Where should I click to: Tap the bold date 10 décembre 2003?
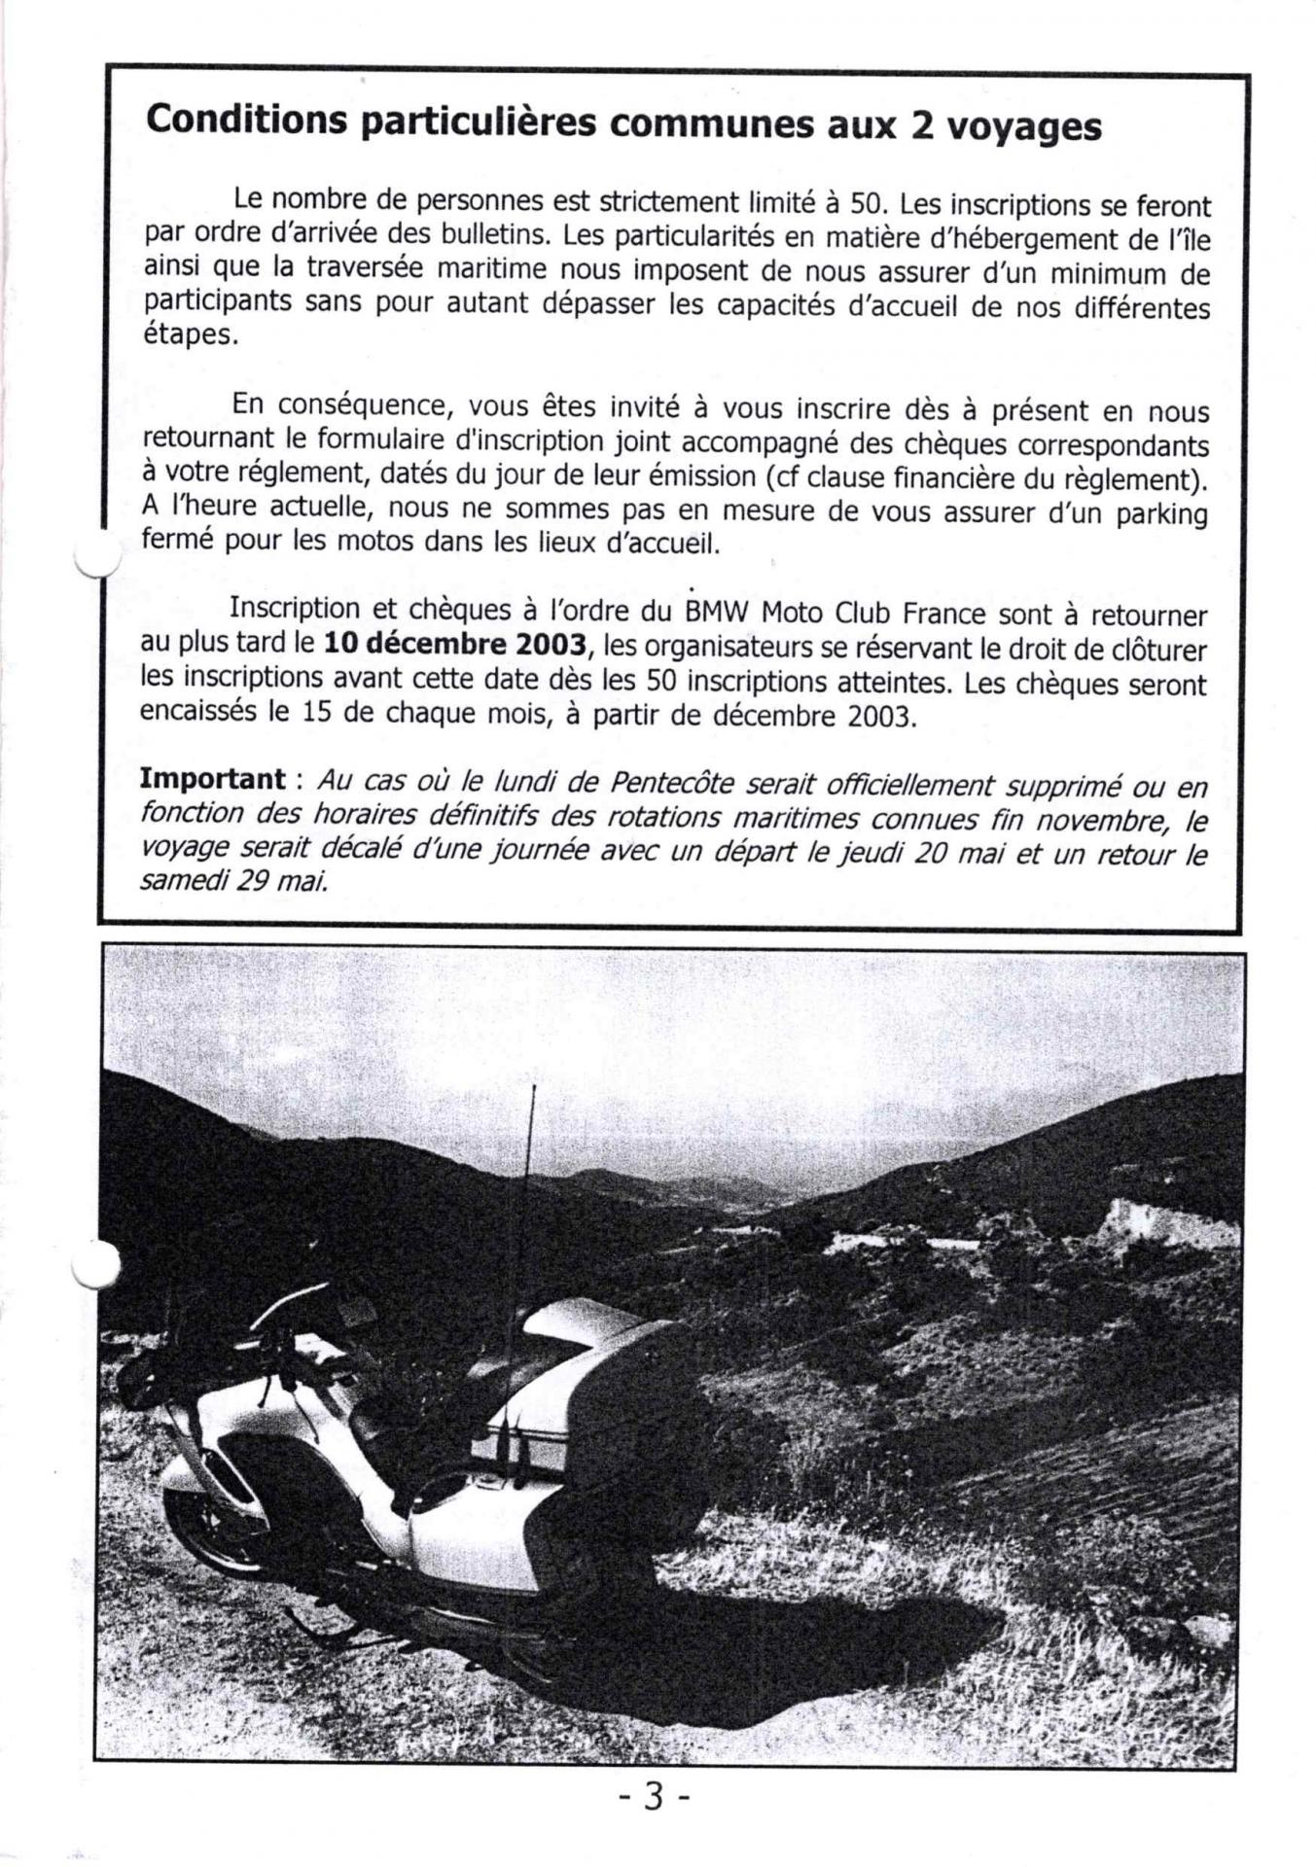pyautogui.click(x=455, y=644)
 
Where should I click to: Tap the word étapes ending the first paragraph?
pyautogui.click(x=189, y=336)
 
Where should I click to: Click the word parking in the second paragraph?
pyautogui.click(x=1161, y=512)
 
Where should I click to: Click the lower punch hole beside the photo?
pyautogui.click(x=96, y=1265)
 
